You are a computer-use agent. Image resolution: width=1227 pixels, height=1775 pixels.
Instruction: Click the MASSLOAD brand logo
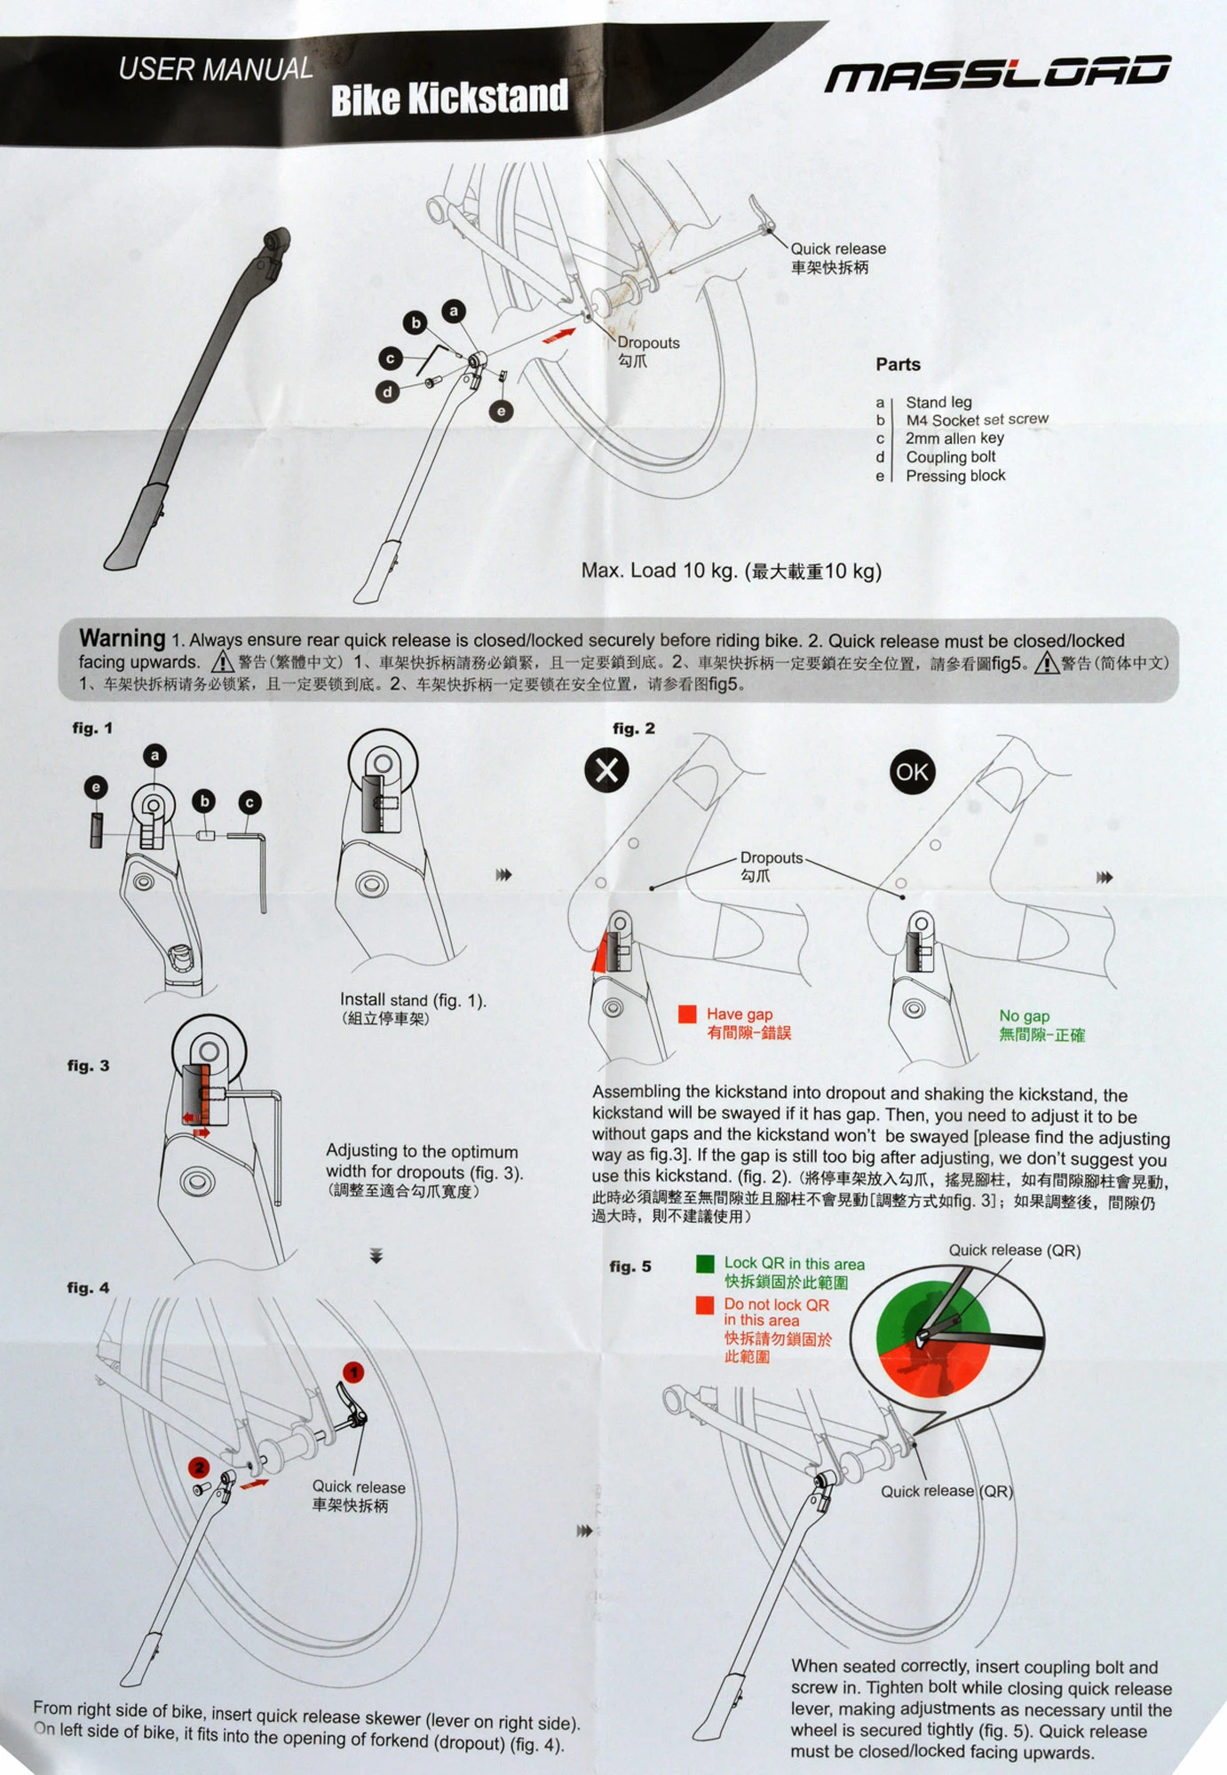[x=997, y=75]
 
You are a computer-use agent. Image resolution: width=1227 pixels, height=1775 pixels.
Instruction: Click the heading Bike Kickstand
[x=449, y=99]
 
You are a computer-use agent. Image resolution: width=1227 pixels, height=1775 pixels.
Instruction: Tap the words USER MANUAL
[x=216, y=69]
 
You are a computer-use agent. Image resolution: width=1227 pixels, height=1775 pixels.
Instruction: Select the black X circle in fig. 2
[x=606, y=769]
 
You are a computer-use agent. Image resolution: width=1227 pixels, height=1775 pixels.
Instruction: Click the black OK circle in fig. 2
[x=912, y=772]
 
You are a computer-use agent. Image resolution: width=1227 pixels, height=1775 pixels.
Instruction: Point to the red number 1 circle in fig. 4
[x=353, y=1373]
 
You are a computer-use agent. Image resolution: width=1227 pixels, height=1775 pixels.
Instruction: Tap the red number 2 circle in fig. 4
[x=199, y=1468]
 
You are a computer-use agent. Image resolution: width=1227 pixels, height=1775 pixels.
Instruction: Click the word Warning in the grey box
[x=122, y=638]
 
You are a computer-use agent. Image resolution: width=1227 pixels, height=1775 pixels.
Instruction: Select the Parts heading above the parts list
[x=898, y=365]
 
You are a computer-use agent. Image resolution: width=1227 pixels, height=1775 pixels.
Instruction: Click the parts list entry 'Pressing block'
[x=955, y=476]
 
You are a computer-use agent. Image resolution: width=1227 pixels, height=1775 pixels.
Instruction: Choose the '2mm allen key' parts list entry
[x=954, y=438]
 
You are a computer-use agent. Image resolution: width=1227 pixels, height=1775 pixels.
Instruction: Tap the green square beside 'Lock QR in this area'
[x=705, y=1264]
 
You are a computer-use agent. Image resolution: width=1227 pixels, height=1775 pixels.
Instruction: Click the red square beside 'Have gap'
[x=687, y=1014]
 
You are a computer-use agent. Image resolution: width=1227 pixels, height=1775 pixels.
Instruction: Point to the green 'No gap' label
[x=1024, y=1016]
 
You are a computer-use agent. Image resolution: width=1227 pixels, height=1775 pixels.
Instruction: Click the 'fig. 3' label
[x=88, y=1066]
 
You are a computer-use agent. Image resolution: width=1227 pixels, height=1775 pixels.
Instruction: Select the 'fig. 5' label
[x=630, y=1266]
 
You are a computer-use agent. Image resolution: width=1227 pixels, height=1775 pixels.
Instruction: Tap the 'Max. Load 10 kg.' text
[x=659, y=571]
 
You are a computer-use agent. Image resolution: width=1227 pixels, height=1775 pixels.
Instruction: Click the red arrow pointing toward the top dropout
[x=558, y=335]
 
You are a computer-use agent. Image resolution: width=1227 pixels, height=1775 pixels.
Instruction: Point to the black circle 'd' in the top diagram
[x=387, y=391]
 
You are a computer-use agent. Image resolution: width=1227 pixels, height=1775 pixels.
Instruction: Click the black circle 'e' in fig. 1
[x=96, y=787]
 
